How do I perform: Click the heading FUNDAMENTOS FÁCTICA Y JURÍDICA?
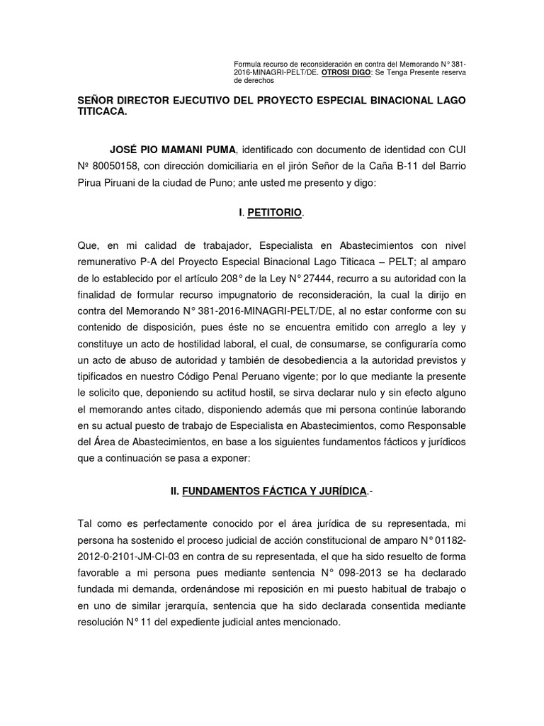coord(274,491)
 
